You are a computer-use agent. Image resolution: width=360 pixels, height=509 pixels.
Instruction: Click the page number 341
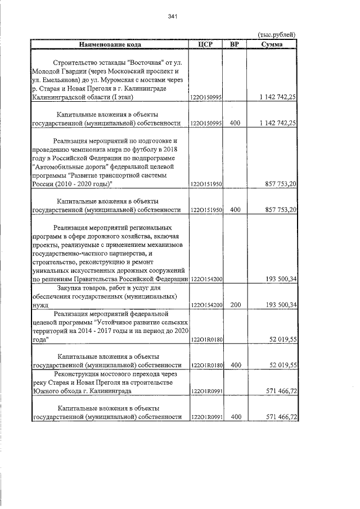click(173, 16)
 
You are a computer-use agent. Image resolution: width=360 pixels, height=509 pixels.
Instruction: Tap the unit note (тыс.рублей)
click(276, 35)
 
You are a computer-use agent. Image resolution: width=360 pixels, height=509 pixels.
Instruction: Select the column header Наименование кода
click(110, 44)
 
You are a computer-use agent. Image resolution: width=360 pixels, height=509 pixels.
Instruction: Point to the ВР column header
click(235, 44)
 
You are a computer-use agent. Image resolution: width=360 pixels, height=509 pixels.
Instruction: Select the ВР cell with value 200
click(235, 305)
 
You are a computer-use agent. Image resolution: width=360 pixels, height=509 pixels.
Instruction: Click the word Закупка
click(74, 288)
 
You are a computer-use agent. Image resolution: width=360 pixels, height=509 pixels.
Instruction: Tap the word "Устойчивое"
click(116, 323)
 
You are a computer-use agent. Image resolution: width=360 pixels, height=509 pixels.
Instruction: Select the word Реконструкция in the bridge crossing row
click(78, 374)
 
